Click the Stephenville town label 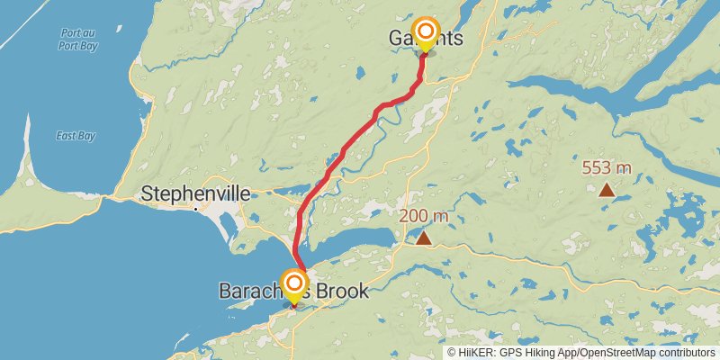195,193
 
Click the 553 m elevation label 607,167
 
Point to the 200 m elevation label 423,216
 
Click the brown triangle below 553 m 607,189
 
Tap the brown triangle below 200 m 423,238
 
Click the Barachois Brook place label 293,292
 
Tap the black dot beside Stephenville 196,209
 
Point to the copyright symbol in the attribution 452,353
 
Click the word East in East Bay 64,136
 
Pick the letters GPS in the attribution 509,353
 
